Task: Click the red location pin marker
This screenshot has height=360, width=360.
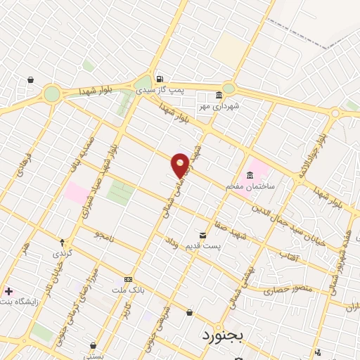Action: coord(180,165)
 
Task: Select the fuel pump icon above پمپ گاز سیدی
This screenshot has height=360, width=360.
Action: coord(160,79)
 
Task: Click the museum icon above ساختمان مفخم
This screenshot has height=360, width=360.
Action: coord(250,176)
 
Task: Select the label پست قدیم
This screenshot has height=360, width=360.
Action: coord(202,245)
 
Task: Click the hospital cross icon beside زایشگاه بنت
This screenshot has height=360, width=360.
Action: coord(8,290)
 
